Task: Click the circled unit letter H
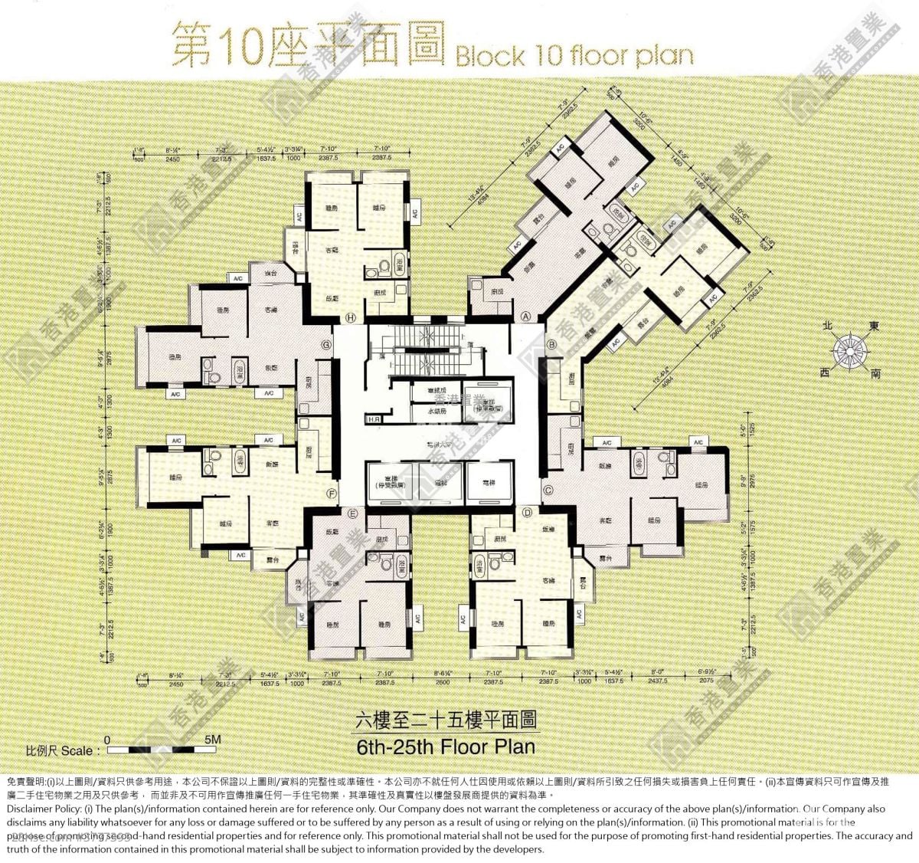(x=351, y=317)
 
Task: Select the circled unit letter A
(x=526, y=316)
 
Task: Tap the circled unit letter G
(x=326, y=345)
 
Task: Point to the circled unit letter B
(x=551, y=345)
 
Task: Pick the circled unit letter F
(x=332, y=493)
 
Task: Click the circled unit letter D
(x=527, y=512)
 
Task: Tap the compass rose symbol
(x=849, y=352)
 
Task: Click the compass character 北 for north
(x=827, y=326)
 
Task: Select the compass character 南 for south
(x=875, y=375)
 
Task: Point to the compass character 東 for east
(x=874, y=326)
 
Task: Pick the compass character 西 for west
(x=824, y=372)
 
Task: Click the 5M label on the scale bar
(x=213, y=740)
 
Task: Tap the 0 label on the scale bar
(x=107, y=740)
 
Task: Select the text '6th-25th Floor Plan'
(x=446, y=746)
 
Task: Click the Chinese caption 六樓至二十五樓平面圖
(x=446, y=721)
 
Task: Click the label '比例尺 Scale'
(x=63, y=751)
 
